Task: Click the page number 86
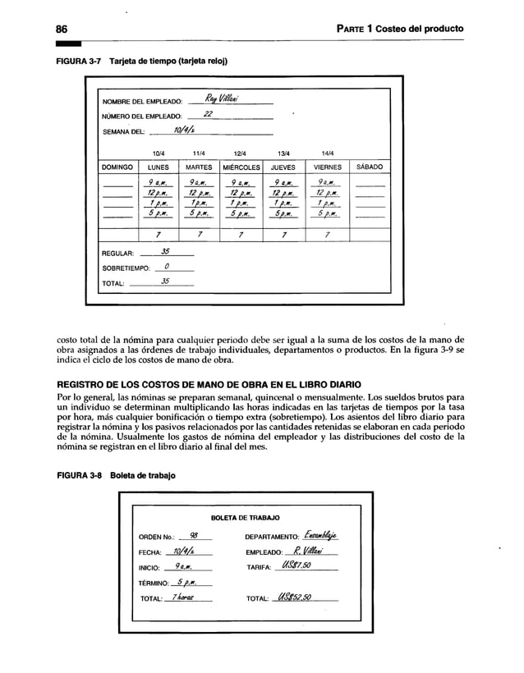(x=62, y=29)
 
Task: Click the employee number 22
(x=209, y=115)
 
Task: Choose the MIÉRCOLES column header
(x=241, y=167)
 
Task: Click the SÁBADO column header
(x=368, y=167)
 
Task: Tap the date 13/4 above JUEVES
(x=283, y=152)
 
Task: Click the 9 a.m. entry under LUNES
(x=159, y=183)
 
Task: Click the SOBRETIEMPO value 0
(x=168, y=267)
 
